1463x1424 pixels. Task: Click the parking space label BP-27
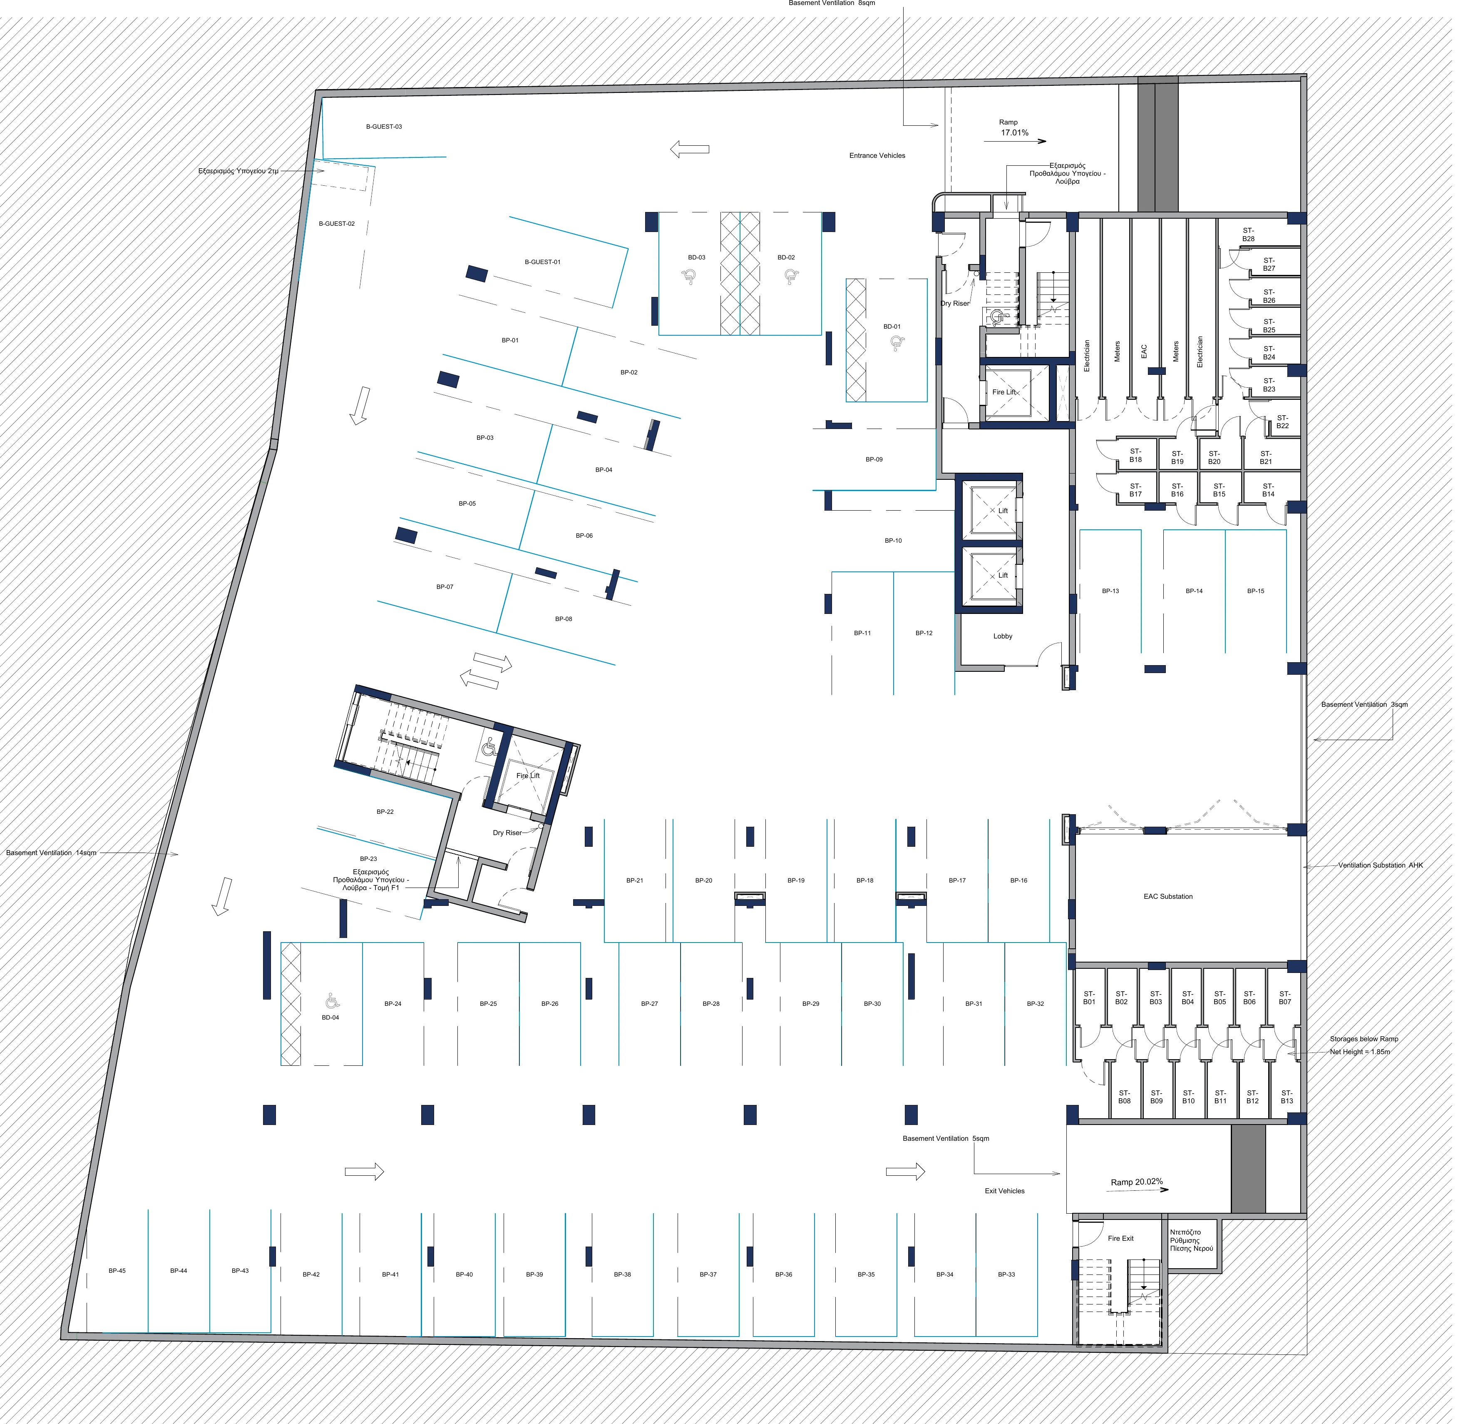point(654,1011)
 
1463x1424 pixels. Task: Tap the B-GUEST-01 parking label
point(546,264)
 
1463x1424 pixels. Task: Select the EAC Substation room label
point(1177,903)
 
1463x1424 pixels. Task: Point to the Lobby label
point(1010,641)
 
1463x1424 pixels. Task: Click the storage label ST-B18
point(1144,459)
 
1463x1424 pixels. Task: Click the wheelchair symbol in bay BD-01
point(904,346)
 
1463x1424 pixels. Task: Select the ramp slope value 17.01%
point(1022,134)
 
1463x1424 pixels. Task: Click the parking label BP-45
point(118,1280)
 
